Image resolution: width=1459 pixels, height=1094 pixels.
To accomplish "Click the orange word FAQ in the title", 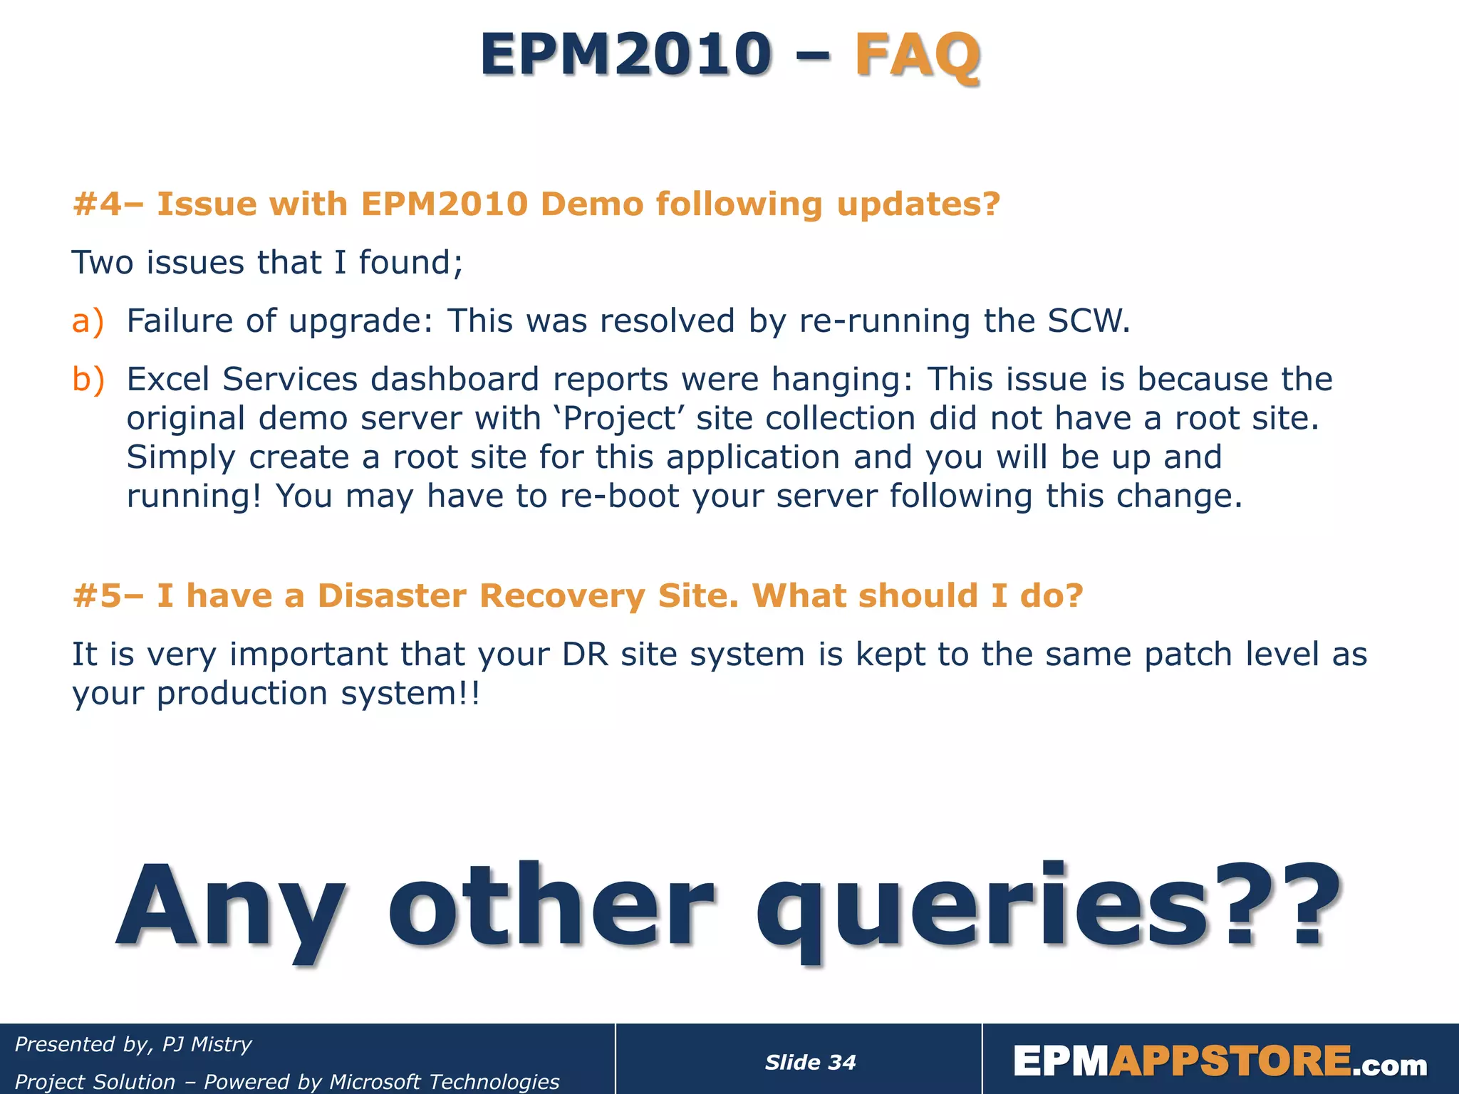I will tap(917, 55).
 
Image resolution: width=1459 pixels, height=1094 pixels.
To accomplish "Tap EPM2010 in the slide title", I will tap(625, 55).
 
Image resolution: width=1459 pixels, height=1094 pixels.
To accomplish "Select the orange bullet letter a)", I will tap(88, 321).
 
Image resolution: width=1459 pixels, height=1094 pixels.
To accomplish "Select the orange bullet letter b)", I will tap(88, 380).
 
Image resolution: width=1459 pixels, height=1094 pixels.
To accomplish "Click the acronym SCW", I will tap(1088, 321).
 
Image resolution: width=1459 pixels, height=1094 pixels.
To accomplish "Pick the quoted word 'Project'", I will tap(618, 419).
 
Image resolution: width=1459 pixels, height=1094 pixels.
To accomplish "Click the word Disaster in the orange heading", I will tap(391, 596).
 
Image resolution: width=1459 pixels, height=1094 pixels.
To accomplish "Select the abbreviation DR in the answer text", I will tap(585, 655).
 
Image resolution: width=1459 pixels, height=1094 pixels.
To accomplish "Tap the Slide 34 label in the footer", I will tap(810, 1063).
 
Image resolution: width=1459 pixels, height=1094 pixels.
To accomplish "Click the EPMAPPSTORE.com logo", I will tap(1220, 1062).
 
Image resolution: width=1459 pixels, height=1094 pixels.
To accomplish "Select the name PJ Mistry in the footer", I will tap(207, 1044).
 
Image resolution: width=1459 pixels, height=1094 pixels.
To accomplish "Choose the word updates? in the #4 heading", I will tap(918, 204).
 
